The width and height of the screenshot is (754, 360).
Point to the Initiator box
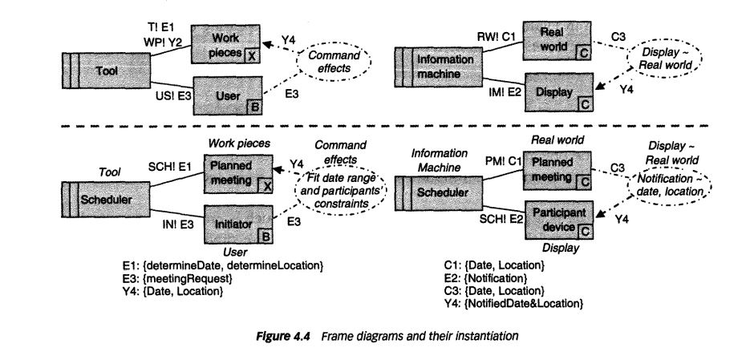coord(233,224)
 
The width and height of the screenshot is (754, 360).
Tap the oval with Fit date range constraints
coord(340,189)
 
